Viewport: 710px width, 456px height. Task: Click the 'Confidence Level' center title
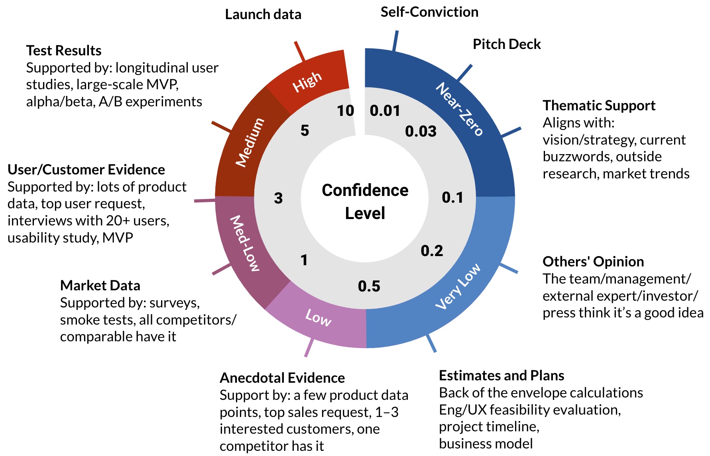pos(365,202)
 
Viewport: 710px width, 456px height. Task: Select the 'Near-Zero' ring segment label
pos(459,109)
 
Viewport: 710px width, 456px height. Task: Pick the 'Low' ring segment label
pos(318,318)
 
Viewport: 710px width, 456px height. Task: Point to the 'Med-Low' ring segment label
pos(245,243)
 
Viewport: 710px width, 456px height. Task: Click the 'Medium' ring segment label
pos(250,142)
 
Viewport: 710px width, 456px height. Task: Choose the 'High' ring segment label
pos(307,82)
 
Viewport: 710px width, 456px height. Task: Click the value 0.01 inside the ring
pos(385,111)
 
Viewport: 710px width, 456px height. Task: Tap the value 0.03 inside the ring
pos(421,131)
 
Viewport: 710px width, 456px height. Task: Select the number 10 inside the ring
pos(345,111)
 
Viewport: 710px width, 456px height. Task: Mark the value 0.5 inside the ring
pos(369,286)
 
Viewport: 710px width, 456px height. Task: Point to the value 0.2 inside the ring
pos(432,251)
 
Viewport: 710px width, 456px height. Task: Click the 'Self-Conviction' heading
pos(429,12)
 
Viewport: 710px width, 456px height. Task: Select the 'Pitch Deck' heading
pos(506,44)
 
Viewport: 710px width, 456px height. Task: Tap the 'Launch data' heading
pos(263,14)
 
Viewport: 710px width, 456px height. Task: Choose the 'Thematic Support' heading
pos(599,106)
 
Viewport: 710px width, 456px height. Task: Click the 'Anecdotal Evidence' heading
pos(282,378)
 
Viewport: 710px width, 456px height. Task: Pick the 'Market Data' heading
pos(100,286)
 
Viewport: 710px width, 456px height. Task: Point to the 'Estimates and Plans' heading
pos(501,376)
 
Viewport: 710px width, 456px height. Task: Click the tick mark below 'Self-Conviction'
pos(395,41)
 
